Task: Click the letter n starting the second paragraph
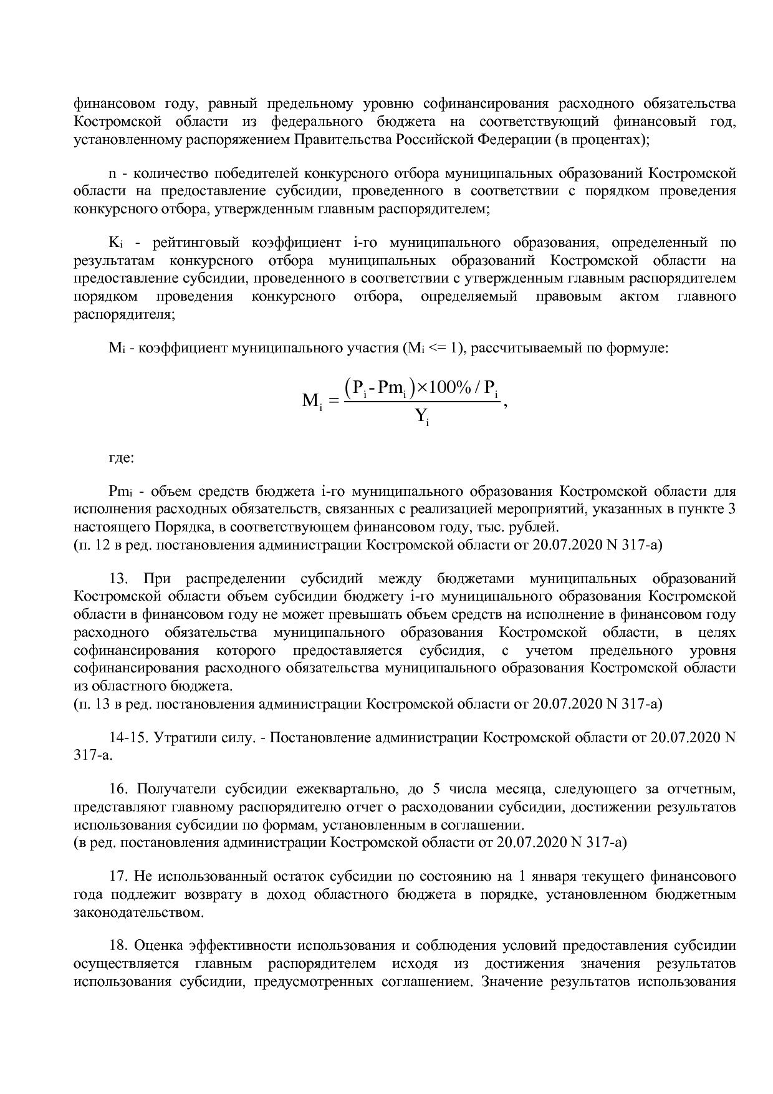(112, 173)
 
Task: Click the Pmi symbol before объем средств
(118, 491)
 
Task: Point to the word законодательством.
(138, 913)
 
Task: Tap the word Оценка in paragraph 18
(160, 946)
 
